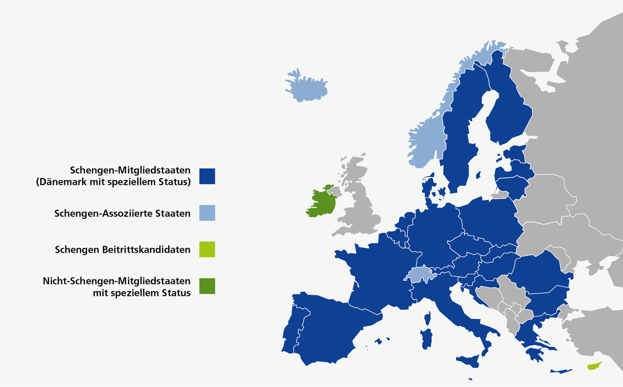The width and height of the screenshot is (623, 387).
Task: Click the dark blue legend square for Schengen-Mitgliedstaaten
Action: (207, 176)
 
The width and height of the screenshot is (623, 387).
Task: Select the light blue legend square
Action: (207, 212)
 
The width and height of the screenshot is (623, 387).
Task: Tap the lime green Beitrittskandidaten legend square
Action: (207, 249)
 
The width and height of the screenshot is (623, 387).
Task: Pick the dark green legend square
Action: (207, 286)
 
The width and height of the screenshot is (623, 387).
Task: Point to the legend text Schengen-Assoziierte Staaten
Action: (122, 213)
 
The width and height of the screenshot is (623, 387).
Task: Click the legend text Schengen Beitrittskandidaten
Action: (123, 249)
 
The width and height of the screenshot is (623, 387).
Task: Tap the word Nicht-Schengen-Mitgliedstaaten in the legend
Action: (116, 281)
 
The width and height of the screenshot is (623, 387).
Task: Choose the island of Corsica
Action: (427, 318)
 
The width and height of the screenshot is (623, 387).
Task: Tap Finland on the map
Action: (507, 112)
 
